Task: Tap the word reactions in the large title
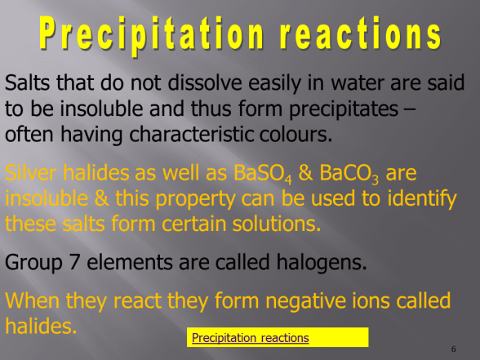pyautogui.click(x=352, y=36)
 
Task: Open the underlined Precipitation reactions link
pyautogui.click(x=250, y=337)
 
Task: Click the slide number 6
pyautogui.click(x=453, y=349)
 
